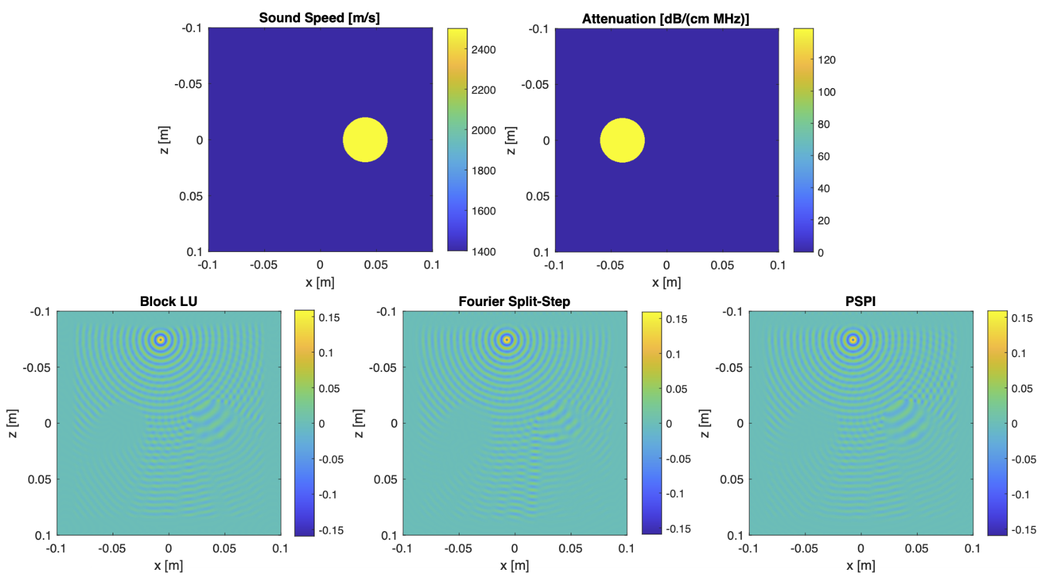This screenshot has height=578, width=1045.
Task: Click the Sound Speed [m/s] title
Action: [x=319, y=18]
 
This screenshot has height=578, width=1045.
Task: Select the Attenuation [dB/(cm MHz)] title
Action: [x=666, y=19]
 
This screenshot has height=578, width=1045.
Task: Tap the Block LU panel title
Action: [x=168, y=301]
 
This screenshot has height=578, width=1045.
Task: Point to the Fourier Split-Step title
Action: [x=514, y=301]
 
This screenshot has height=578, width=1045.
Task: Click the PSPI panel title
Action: [x=861, y=301]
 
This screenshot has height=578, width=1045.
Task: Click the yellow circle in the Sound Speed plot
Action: [x=365, y=140]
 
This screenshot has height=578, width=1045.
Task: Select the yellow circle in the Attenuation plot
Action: [x=622, y=140]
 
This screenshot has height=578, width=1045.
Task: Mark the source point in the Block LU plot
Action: [x=160, y=340]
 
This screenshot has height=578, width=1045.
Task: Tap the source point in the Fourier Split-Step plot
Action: [x=507, y=340]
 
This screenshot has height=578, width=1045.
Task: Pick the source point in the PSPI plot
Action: [x=853, y=340]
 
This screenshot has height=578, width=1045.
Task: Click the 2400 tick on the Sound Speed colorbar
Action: [x=483, y=50]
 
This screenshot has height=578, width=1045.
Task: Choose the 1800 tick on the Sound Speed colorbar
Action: [x=483, y=171]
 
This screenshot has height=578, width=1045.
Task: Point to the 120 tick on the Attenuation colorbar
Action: [x=827, y=60]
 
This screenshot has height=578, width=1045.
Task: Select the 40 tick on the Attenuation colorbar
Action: [x=824, y=189]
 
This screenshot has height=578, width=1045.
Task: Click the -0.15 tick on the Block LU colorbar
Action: [x=331, y=530]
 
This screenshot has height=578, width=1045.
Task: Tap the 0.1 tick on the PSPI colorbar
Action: [x=1019, y=353]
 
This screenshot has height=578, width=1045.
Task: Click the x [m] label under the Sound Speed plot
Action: [x=320, y=283]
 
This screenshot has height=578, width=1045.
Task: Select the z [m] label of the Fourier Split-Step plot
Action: [x=359, y=424]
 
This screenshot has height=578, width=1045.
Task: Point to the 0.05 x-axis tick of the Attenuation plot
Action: [x=722, y=266]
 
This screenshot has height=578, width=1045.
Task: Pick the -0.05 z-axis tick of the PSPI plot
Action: [x=729, y=368]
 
